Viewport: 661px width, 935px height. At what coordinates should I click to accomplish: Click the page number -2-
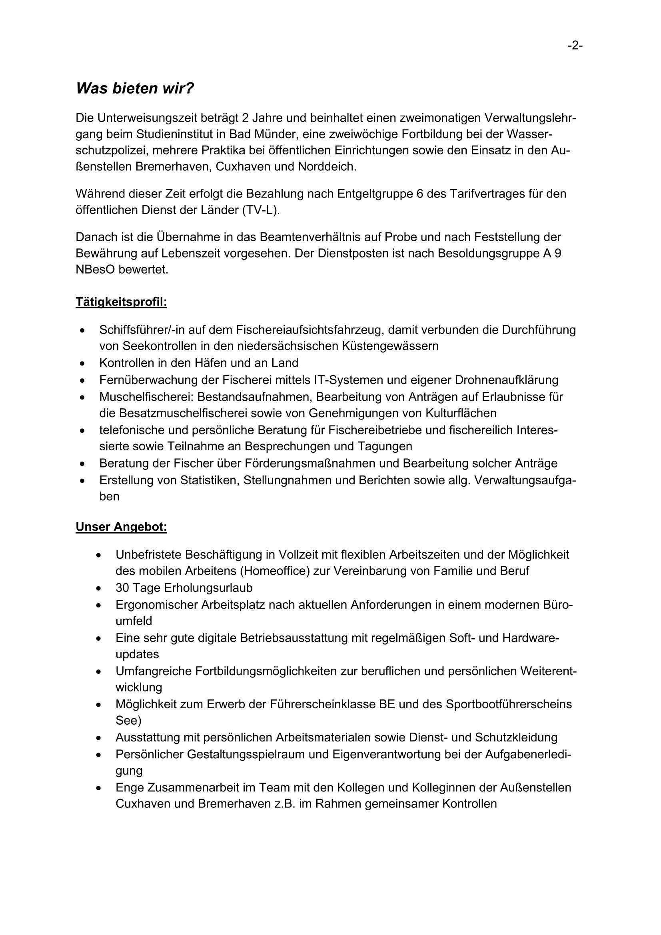point(575,46)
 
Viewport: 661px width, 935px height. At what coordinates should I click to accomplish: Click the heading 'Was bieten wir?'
point(135,88)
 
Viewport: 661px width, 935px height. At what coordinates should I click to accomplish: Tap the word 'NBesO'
point(95,270)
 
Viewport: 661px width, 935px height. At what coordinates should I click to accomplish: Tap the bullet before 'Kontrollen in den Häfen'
point(83,363)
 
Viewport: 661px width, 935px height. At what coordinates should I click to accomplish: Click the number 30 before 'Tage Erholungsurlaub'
point(123,587)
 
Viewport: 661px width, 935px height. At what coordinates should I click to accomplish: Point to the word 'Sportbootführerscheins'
point(509,704)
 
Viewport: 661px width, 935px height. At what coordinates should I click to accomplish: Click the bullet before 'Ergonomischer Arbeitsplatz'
point(98,605)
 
